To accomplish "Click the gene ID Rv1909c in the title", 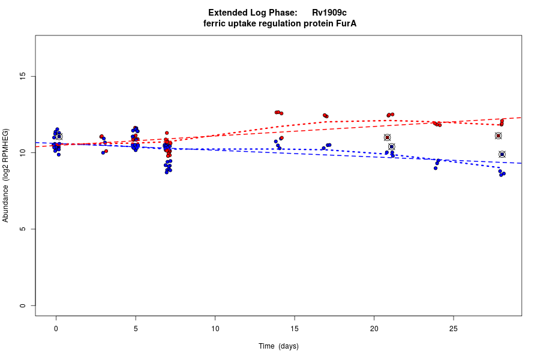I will coord(329,13).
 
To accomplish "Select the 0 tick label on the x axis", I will coord(56,328).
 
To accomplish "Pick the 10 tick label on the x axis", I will coord(215,328).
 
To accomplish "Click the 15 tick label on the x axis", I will coord(294,328).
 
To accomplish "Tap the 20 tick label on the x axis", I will coord(374,328).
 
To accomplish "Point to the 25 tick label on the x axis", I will coord(453,328).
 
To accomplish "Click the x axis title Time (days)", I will coord(278,346).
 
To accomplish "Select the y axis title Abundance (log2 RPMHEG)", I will coord(6,175).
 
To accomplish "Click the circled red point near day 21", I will coord(388,137).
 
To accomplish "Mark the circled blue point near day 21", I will coord(392,146).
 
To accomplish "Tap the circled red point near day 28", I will coord(499,136).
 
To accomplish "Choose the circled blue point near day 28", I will coord(502,154).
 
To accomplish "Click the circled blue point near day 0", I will coord(59,137).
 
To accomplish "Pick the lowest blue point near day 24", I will coord(436,168).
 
